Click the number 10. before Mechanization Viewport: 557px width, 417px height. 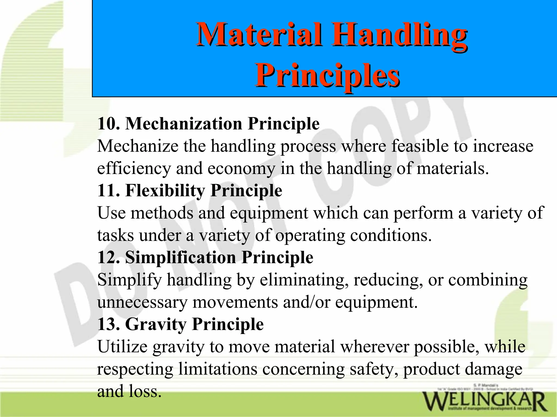click(x=108, y=124)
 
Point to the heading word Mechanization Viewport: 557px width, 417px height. click(x=184, y=124)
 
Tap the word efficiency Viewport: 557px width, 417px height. click(x=134, y=169)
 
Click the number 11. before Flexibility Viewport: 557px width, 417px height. click(x=108, y=190)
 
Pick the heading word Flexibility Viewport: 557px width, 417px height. click(x=165, y=190)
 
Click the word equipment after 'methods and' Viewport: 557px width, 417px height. click(x=269, y=213)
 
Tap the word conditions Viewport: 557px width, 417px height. click(x=391, y=235)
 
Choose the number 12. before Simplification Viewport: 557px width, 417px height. click(x=108, y=257)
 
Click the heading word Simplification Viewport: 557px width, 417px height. click(x=180, y=257)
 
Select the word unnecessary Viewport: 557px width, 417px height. click(x=142, y=302)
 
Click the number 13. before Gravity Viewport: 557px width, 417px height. click(x=108, y=324)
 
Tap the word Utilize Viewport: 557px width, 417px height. click(x=122, y=347)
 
